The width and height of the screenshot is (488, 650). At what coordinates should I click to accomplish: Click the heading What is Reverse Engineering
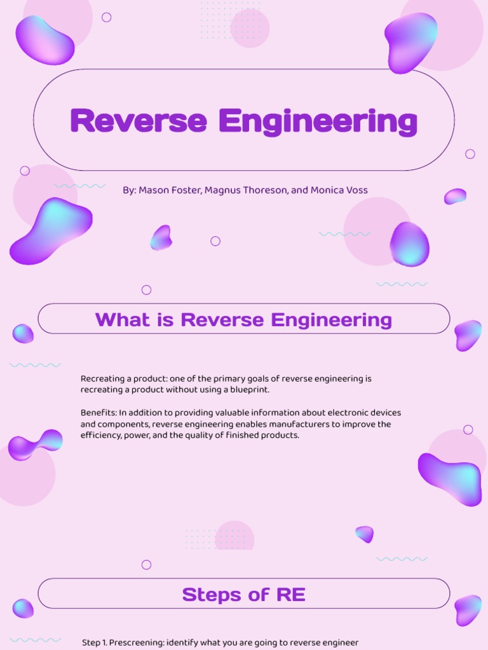pos(243,319)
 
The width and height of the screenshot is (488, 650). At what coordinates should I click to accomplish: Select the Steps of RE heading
pos(243,595)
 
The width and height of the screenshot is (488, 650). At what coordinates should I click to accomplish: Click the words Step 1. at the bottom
pos(94,642)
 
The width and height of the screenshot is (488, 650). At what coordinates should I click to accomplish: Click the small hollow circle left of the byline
pos(25,171)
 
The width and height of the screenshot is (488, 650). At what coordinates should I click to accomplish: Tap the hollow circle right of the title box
pos(470,154)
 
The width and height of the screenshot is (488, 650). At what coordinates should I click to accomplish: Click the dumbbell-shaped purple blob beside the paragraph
pos(36,444)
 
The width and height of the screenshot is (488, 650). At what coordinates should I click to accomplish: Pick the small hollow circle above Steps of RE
pos(146,564)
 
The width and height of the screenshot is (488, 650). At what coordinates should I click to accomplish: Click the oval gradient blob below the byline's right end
pos(409,244)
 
